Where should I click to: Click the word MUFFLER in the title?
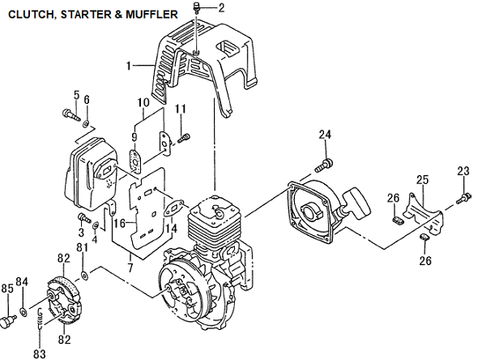tap(151, 15)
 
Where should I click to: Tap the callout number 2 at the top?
tap(221, 7)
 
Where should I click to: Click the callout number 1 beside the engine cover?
tap(129, 66)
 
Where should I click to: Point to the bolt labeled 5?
tap(71, 115)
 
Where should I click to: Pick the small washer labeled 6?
tap(86, 124)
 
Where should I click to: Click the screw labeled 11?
tap(184, 138)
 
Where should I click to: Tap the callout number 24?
tap(325, 135)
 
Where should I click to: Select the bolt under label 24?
tap(324, 165)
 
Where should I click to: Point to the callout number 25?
tap(422, 180)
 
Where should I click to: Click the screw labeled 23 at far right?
tap(463, 198)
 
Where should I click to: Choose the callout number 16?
tap(120, 224)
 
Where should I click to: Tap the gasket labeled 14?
tap(173, 208)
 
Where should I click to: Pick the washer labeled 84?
tap(23, 312)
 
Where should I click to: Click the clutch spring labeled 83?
tap(40, 319)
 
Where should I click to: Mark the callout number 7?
tap(130, 268)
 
